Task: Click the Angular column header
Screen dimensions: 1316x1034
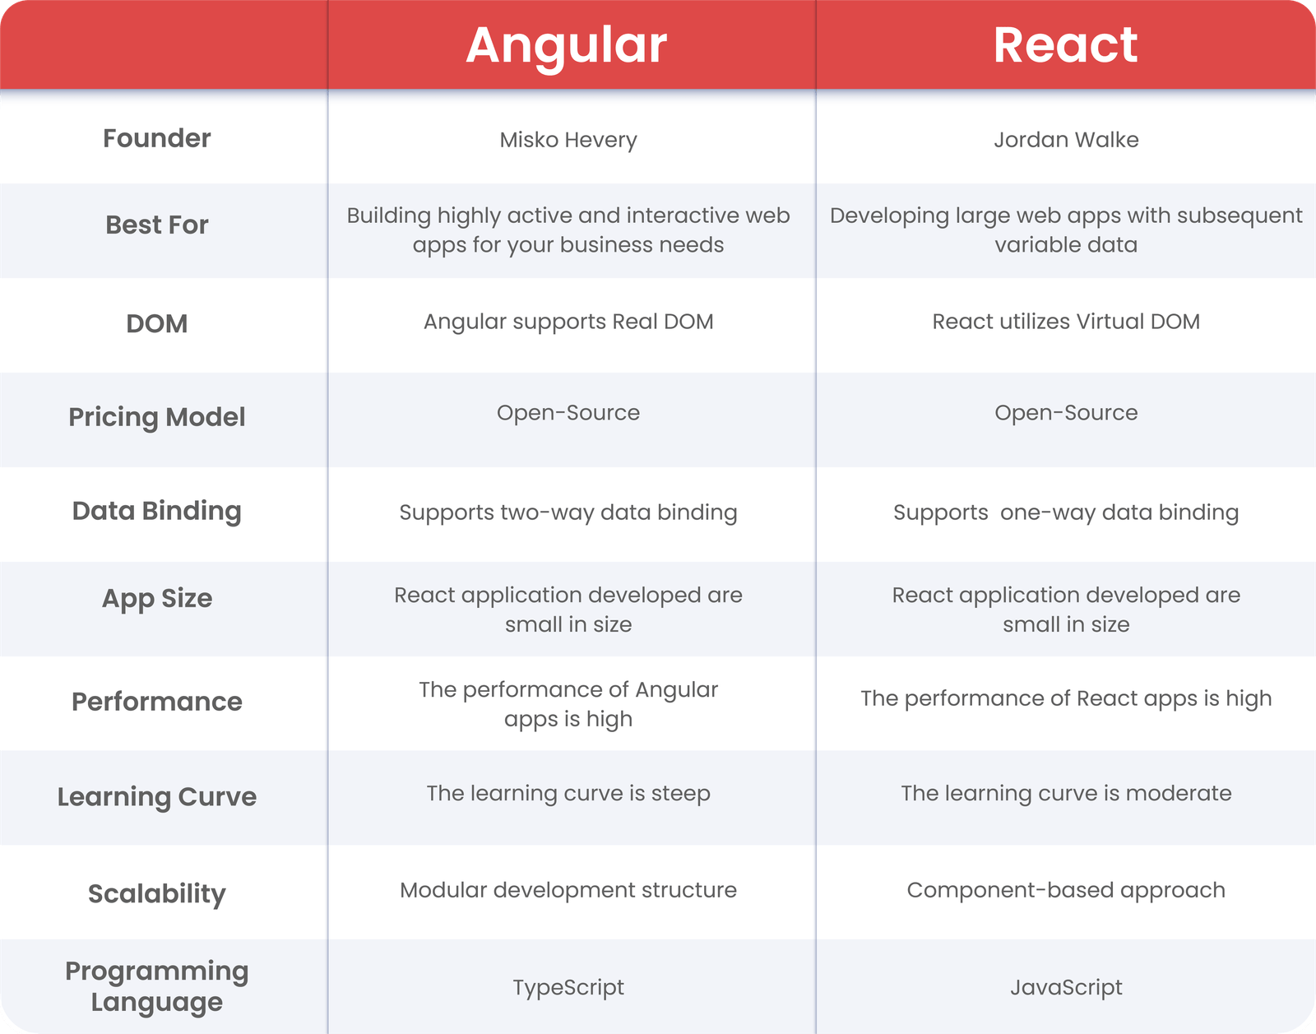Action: coord(567,46)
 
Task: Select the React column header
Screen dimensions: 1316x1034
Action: coord(1066,44)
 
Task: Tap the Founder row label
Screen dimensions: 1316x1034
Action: coord(157,138)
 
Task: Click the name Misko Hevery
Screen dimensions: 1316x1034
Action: coord(568,140)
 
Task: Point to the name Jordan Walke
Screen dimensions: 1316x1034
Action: coord(1066,139)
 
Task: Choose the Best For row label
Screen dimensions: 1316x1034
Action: coord(157,225)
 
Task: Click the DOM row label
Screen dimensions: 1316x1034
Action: coord(157,323)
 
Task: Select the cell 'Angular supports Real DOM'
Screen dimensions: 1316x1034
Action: coord(568,322)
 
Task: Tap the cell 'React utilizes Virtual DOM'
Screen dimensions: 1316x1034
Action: coord(1066,322)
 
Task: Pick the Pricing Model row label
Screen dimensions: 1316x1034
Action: coord(157,417)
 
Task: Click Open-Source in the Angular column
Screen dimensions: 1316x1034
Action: coord(568,413)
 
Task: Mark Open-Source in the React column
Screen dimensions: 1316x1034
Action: coord(1066,413)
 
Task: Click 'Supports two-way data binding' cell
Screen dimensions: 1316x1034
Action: coord(568,512)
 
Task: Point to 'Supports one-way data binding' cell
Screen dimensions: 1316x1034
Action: coord(1066,512)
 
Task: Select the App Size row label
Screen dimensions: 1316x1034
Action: coord(157,599)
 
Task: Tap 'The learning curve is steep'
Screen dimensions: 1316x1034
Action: coord(568,794)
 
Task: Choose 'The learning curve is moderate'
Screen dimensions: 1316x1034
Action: coord(1066,793)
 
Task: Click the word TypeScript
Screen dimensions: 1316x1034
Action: coord(568,987)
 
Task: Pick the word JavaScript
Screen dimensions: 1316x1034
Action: coord(1066,987)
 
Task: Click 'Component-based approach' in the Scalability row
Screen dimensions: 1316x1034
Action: coord(1066,891)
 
